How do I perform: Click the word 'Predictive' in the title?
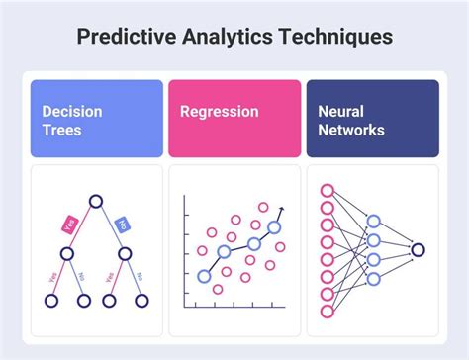coord(127,37)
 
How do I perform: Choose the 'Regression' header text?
coord(220,112)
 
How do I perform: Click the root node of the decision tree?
coord(97,202)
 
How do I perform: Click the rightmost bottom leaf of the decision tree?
coord(141,300)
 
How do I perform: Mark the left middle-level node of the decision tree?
coord(67,253)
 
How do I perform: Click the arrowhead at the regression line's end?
coord(283,209)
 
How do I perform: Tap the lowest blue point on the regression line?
coord(204,276)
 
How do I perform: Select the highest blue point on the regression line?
coord(273,226)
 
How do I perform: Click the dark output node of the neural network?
coord(419,250)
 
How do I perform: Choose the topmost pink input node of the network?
coord(328,190)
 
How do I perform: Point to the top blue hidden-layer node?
coord(374,222)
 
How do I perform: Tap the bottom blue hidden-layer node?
coord(374,279)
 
